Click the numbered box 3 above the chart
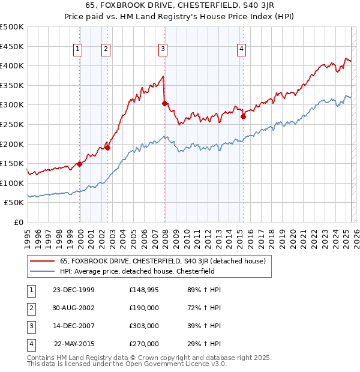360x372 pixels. [x=163, y=50]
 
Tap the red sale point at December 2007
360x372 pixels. [x=164, y=104]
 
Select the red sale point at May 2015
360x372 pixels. [x=243, y=117]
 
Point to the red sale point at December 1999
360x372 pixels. [x=79, y=164]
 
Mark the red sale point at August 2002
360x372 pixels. [x=108, y=148]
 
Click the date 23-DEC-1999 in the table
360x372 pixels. [x=74, y=290]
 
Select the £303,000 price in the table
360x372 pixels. [x=144, y=326]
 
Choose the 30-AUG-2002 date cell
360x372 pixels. [x=74, y=308]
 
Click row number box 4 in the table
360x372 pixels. [x=29, y=344]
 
